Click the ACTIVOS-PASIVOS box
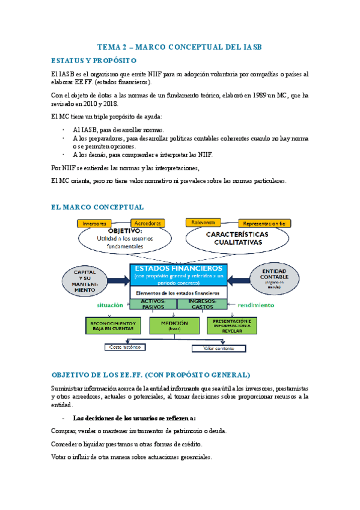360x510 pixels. point(153,304)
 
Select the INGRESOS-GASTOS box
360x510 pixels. point(202,304)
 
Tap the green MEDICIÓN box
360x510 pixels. point(175,325)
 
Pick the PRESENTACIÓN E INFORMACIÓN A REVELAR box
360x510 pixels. point(236,325)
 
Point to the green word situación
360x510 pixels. point(111,305)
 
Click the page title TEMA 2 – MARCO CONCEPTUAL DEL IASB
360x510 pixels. point(180,47)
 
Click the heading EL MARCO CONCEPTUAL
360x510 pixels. point(97,207)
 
